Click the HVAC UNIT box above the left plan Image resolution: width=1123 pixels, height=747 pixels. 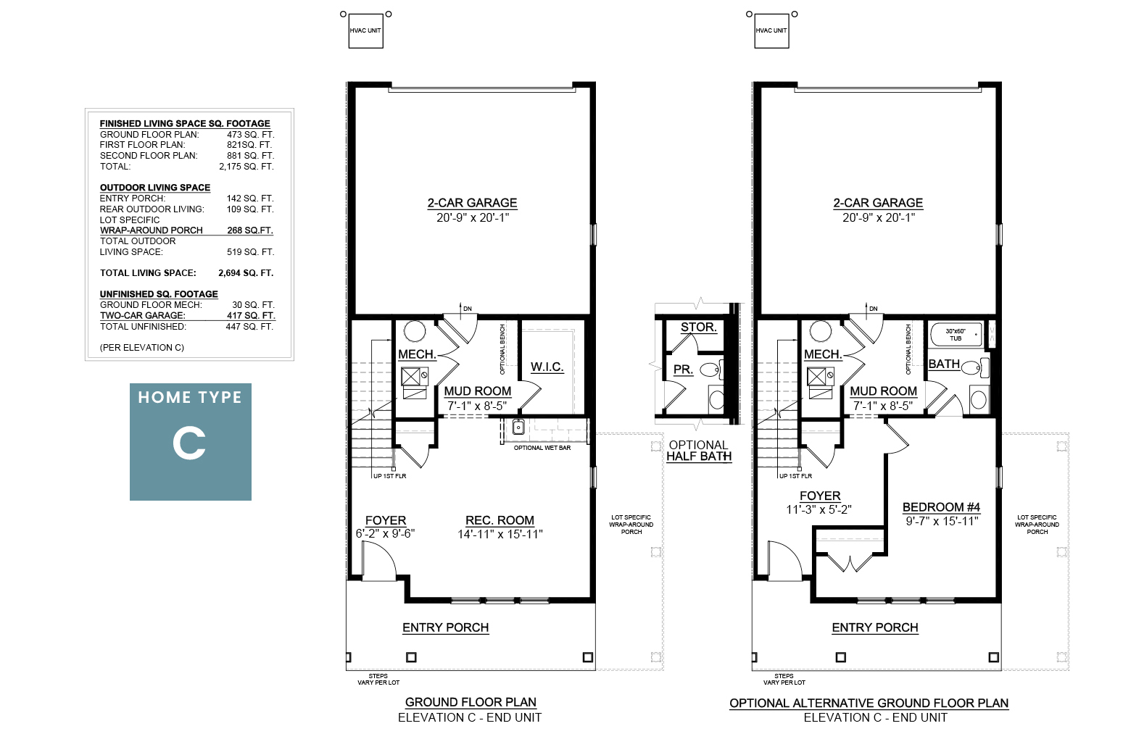(x=366, y=31)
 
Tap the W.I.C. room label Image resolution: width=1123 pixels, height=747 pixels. (x=547, y=367)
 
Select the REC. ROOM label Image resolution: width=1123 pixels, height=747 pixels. (x=500, y=520)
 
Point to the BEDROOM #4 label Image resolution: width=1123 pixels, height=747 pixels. (x=941, y=507)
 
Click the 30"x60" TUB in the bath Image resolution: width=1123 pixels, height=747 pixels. (x=956, y=335)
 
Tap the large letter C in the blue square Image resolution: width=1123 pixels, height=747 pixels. (x=189, y=443)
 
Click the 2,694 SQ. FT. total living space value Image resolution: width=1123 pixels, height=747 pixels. (x=246, y=273)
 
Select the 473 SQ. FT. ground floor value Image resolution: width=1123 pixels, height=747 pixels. (x=250, y=135)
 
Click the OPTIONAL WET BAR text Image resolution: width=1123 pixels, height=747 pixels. (x=542, y=448)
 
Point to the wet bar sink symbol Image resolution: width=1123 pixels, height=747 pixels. (x=518, y=427)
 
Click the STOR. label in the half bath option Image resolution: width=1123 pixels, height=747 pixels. (x=698, y=327)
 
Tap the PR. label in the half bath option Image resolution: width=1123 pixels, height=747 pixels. (x=683, y=370)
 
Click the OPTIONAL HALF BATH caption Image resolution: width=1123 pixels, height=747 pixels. (x=699, y=451)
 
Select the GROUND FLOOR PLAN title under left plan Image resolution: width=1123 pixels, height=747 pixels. (x=471, y=702)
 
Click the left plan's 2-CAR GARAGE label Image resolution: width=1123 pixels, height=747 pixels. (x=472, y=203)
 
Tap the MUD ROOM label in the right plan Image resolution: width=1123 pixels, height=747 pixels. (x=883, y=391)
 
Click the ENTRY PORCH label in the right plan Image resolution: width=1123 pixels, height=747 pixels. (x=875, y=627)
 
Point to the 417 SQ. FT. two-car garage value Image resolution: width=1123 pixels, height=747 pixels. (x=250, y=316)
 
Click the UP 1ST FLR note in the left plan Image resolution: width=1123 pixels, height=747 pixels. (x=389, y=476)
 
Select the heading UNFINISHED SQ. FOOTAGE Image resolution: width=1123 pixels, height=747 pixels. (x=159, y=294)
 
